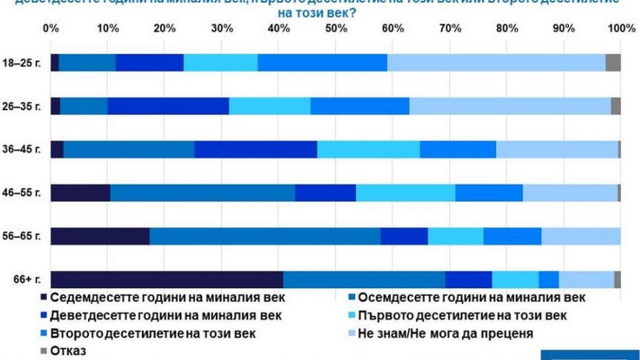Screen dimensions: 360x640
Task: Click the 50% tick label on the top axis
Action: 336,28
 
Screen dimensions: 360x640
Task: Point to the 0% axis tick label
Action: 51,28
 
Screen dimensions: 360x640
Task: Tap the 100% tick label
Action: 622,28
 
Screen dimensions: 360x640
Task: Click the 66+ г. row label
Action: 23,279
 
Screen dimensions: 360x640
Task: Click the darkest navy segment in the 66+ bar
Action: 167,279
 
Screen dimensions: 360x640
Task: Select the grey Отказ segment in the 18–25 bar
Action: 613,63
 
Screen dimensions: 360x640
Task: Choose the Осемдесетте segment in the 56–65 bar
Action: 265,236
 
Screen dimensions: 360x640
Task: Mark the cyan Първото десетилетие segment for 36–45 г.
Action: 368,149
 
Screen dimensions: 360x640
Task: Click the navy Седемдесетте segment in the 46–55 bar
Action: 80,193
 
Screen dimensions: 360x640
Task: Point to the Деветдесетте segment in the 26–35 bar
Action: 168,106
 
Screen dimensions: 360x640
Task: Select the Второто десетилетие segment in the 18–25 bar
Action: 322,63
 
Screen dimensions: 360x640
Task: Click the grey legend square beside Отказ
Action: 44,352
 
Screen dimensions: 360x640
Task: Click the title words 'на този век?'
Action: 320,12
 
